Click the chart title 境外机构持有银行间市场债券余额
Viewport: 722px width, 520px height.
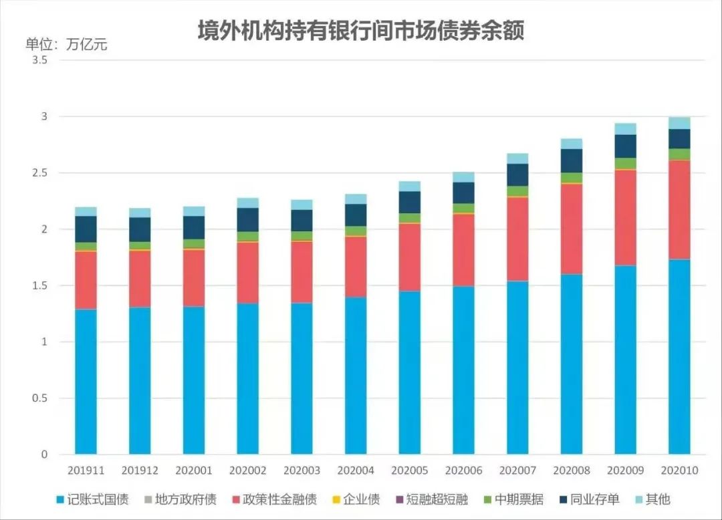(x=360, y=30)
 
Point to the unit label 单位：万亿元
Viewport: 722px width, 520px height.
(x=66, y=45)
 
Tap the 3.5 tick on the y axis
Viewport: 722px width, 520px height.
(x=40, y=60)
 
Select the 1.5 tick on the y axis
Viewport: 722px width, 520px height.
(x=40, y=285)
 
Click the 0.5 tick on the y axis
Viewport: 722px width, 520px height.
(x=40, y=398)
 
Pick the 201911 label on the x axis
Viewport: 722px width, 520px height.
(x=86, y=471)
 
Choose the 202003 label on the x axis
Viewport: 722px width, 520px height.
(x=302, y=471)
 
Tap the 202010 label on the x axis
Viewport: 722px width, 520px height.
(x=679, y=471)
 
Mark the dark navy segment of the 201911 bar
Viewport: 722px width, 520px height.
(x=86, y=229)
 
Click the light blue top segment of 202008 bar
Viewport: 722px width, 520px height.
(x=572, y=144)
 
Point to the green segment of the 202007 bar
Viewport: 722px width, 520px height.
(x=517, y=191)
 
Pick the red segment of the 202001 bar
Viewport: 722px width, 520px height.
(x=194, y=278)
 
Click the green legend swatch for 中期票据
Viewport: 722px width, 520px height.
(x=488, y=499)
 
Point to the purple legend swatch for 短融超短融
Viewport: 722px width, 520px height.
(x=399, y=499)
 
